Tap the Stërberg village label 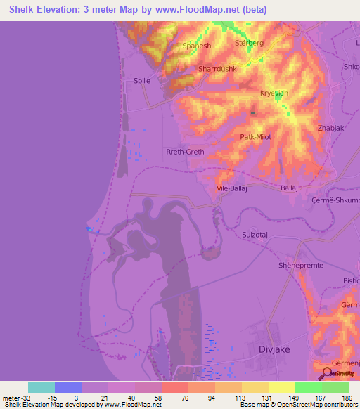[x=247, y=43]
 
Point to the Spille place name [x=143, y=82]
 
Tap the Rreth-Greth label [x=184, y=151]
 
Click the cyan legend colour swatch [x=41, y=387]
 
